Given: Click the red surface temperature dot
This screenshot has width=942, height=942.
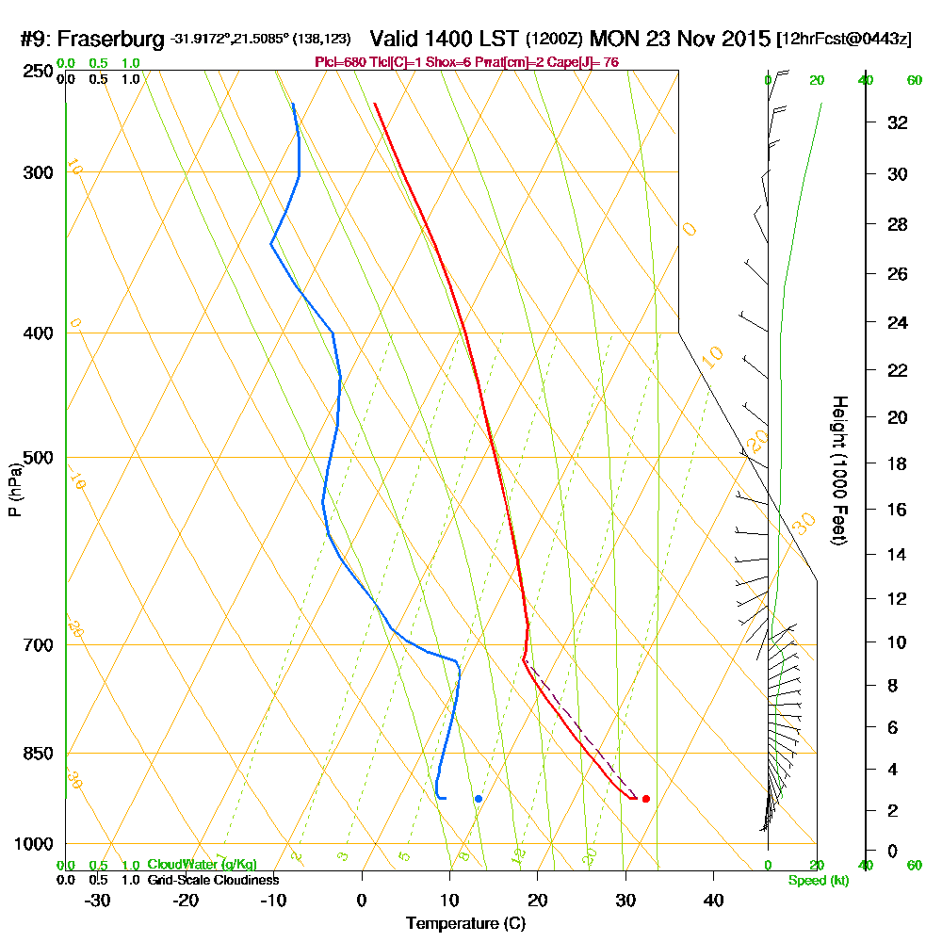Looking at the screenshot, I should (645, 799).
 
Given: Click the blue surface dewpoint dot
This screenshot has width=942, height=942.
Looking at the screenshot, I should (479, 799).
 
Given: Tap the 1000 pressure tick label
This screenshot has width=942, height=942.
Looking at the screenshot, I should (33, 844).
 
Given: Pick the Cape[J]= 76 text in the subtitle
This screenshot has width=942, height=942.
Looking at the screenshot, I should (589, 62).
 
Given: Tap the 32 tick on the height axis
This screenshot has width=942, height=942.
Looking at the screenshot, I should (897, 122).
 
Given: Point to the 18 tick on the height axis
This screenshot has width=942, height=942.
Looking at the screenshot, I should (897, 463).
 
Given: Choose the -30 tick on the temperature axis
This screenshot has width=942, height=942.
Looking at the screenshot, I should (97, 899).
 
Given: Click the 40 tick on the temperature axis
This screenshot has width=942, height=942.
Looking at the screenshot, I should (713, 899).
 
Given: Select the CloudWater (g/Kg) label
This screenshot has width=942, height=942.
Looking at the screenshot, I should (202, 865).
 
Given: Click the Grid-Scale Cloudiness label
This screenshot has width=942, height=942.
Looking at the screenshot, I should (213, 879).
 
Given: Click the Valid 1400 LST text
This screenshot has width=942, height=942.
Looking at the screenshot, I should (444, 39).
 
